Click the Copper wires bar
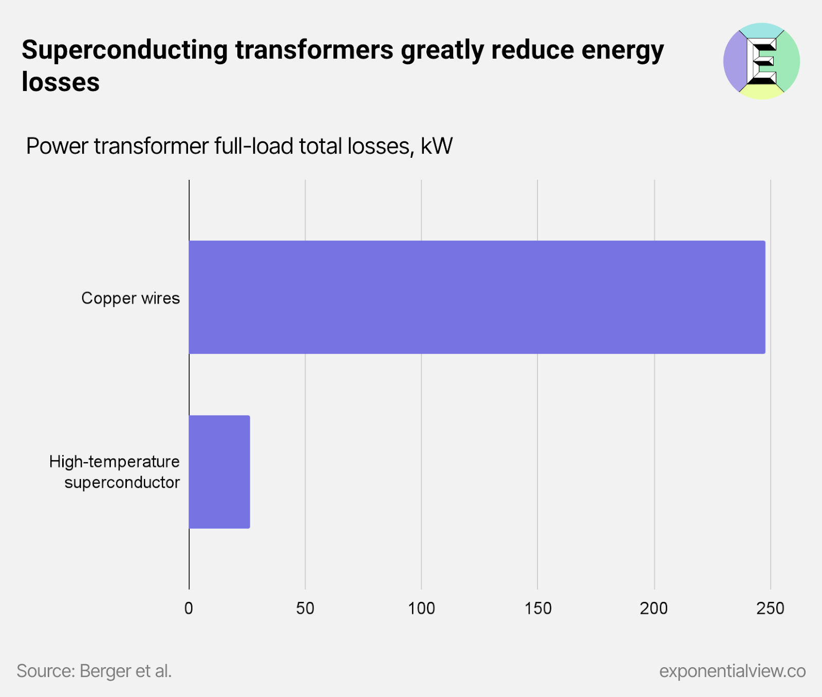tap(477, 297)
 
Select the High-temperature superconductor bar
tap(219, 472)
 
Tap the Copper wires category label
tap(130, 298)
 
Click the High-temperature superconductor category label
tap(115, 472)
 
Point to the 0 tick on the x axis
tap(189, 609)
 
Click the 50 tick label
tap(305, 609)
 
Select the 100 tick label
tap(421, 609)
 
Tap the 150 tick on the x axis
tap(538, 609)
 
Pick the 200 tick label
tap(654, 609)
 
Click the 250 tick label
tap(770, 609)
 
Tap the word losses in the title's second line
tap(61, 82)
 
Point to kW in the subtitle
tap(437, 146)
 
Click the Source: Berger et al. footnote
tap(94, 671)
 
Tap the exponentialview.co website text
tap(732, 671)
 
